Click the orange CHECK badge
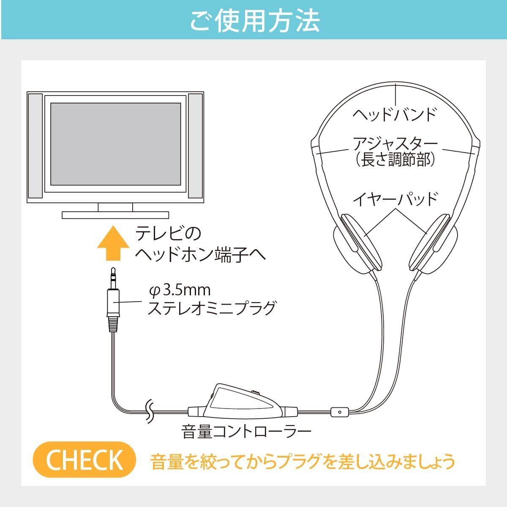click(x=84, y=460)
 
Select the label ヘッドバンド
click(x=394, y=115)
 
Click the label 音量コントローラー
click(x=246, y=432)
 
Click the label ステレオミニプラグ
click(x=211, y=308)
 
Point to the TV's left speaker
click(x=35, y=146)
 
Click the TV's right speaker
click(x=196, y=146)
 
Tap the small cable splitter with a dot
click(x=340, y=411)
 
